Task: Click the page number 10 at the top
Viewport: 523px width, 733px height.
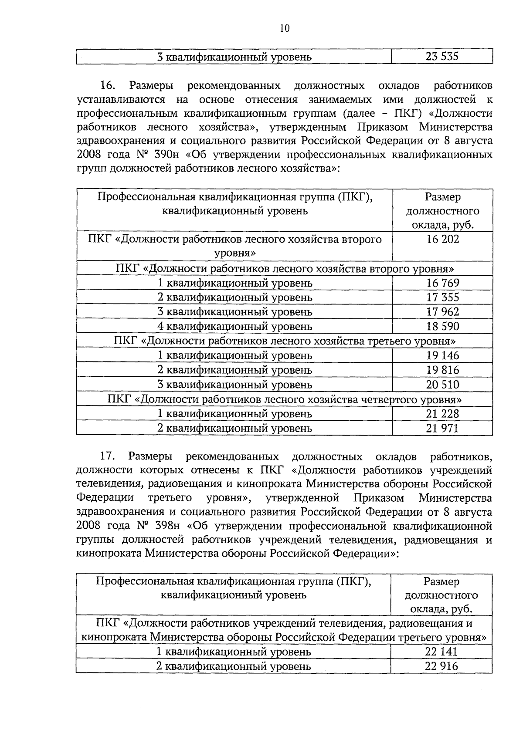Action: [x=284, y=28]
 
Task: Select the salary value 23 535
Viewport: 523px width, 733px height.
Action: [x=442, y=57]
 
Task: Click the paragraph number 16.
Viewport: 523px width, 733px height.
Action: [x=108, y=85]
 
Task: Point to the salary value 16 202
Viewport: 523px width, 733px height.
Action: [x=442, y=239]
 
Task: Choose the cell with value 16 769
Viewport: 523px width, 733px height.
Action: [x=442, y=283]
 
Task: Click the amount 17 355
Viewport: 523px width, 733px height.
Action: [x=442, y=297]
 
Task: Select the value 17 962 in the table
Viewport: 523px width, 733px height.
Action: [x=442, y=312]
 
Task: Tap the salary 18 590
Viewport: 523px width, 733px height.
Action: [x=442, y=326]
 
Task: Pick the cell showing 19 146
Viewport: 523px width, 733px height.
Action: [x=442, y=355]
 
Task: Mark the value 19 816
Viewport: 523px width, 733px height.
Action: [x=442, y=370]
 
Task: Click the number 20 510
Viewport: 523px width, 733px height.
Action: [x=442, y=385]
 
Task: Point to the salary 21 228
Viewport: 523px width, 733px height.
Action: [x=442, y=414]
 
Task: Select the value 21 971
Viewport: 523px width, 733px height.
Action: [x=442, y=428]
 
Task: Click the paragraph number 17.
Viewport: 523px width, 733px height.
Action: [x=108, y=456]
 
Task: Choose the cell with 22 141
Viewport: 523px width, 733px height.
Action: [x=441, y=652]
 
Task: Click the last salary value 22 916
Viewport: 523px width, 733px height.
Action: [x=441, y=666]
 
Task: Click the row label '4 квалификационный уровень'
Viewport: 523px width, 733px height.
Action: [x=234, y=326]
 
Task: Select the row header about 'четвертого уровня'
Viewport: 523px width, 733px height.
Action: [x=284, y=399]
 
